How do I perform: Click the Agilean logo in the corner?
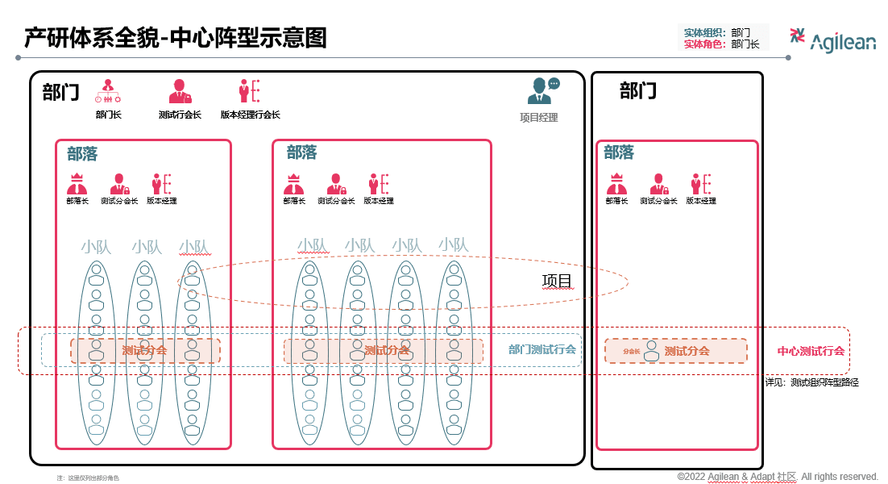(x=832, y=40)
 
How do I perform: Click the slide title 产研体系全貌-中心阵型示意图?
(x=175, y=38)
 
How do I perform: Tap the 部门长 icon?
(x=108, y=90)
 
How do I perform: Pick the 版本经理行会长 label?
(x=250, y=115)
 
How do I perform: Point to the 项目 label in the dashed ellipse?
(x=557, y=282)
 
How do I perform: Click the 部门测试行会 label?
(x=542, y=350)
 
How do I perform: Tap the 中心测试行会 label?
(x=811, y=351)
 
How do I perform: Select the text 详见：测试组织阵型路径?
(x=811, y=382)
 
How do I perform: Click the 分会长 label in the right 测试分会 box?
(x=631, y=352)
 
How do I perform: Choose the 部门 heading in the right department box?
(x=638, y=91)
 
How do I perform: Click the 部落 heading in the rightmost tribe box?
(x=619, y=152)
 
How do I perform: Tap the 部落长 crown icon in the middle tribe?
(x=294, y=184)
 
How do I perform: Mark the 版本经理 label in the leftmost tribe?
(x=162, y=201)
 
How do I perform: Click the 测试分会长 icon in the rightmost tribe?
(x=658, y=184)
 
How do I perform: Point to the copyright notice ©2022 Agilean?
(x=778, y=477)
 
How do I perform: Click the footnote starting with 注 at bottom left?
(x=88, y=478)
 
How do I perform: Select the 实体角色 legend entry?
(x=703, y=44)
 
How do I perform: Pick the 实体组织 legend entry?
(x=703, y=33)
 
